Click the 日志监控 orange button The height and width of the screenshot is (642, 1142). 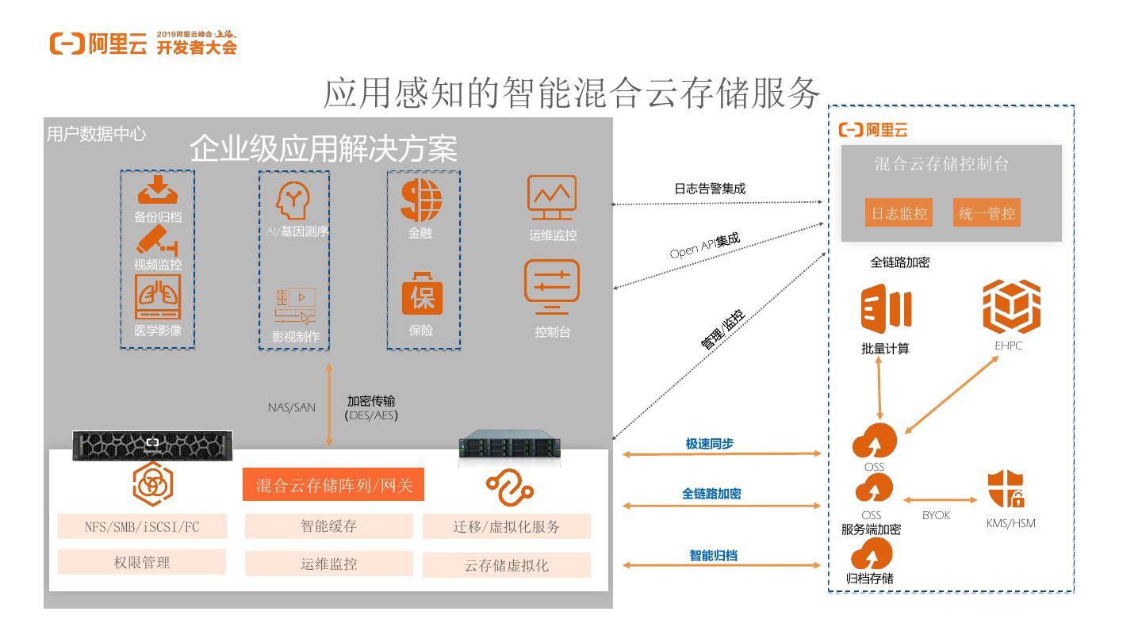point(899,213)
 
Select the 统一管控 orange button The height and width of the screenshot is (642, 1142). point(987,213)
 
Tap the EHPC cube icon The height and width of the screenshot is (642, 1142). point(1011,307)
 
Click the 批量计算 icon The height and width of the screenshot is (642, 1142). point(885,308)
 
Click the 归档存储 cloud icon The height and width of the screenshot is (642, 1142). point(871,554)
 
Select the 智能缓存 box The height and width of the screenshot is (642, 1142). point(328,525)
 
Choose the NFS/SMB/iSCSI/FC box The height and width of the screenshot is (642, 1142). point(142,526)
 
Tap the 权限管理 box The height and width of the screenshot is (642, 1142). point(142,562)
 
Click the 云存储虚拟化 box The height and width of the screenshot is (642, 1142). point(506,565)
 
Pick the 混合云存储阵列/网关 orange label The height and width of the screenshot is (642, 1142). point(334,485)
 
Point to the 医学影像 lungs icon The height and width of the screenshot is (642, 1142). point(158,296)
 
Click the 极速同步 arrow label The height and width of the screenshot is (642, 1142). point(710,444)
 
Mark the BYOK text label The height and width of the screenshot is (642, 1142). point(936,515)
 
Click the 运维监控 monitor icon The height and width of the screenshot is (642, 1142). point(552,198)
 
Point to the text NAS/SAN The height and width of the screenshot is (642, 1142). point(291,407)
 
